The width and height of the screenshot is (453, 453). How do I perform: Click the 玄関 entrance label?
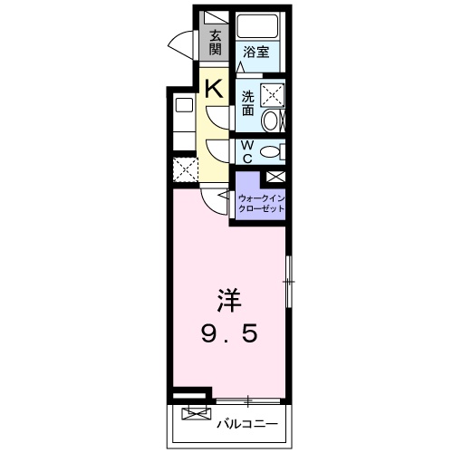click(216, 43)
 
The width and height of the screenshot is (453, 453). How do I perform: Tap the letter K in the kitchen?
click(214, 89)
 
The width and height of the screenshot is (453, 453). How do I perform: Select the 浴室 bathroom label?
click(256, 53)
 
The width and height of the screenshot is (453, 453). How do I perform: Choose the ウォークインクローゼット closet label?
click(261, 202)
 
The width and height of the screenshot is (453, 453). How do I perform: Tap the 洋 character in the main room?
click(228, 300)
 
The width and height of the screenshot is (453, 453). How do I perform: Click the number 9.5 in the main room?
click(228, 334)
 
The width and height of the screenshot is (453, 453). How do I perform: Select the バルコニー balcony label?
click(245, 422)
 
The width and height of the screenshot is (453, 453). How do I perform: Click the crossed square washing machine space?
click(271, 93)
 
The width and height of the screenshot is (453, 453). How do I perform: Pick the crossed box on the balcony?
click(194, 414)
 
